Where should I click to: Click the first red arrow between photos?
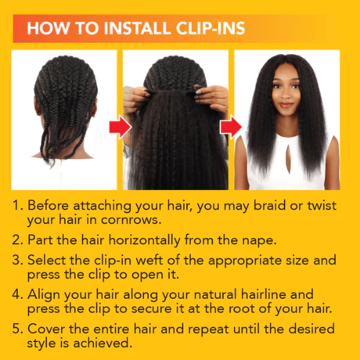pyautogui.click(x=118, y=128)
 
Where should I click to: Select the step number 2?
pyautogui.click(x=18, y=237)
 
